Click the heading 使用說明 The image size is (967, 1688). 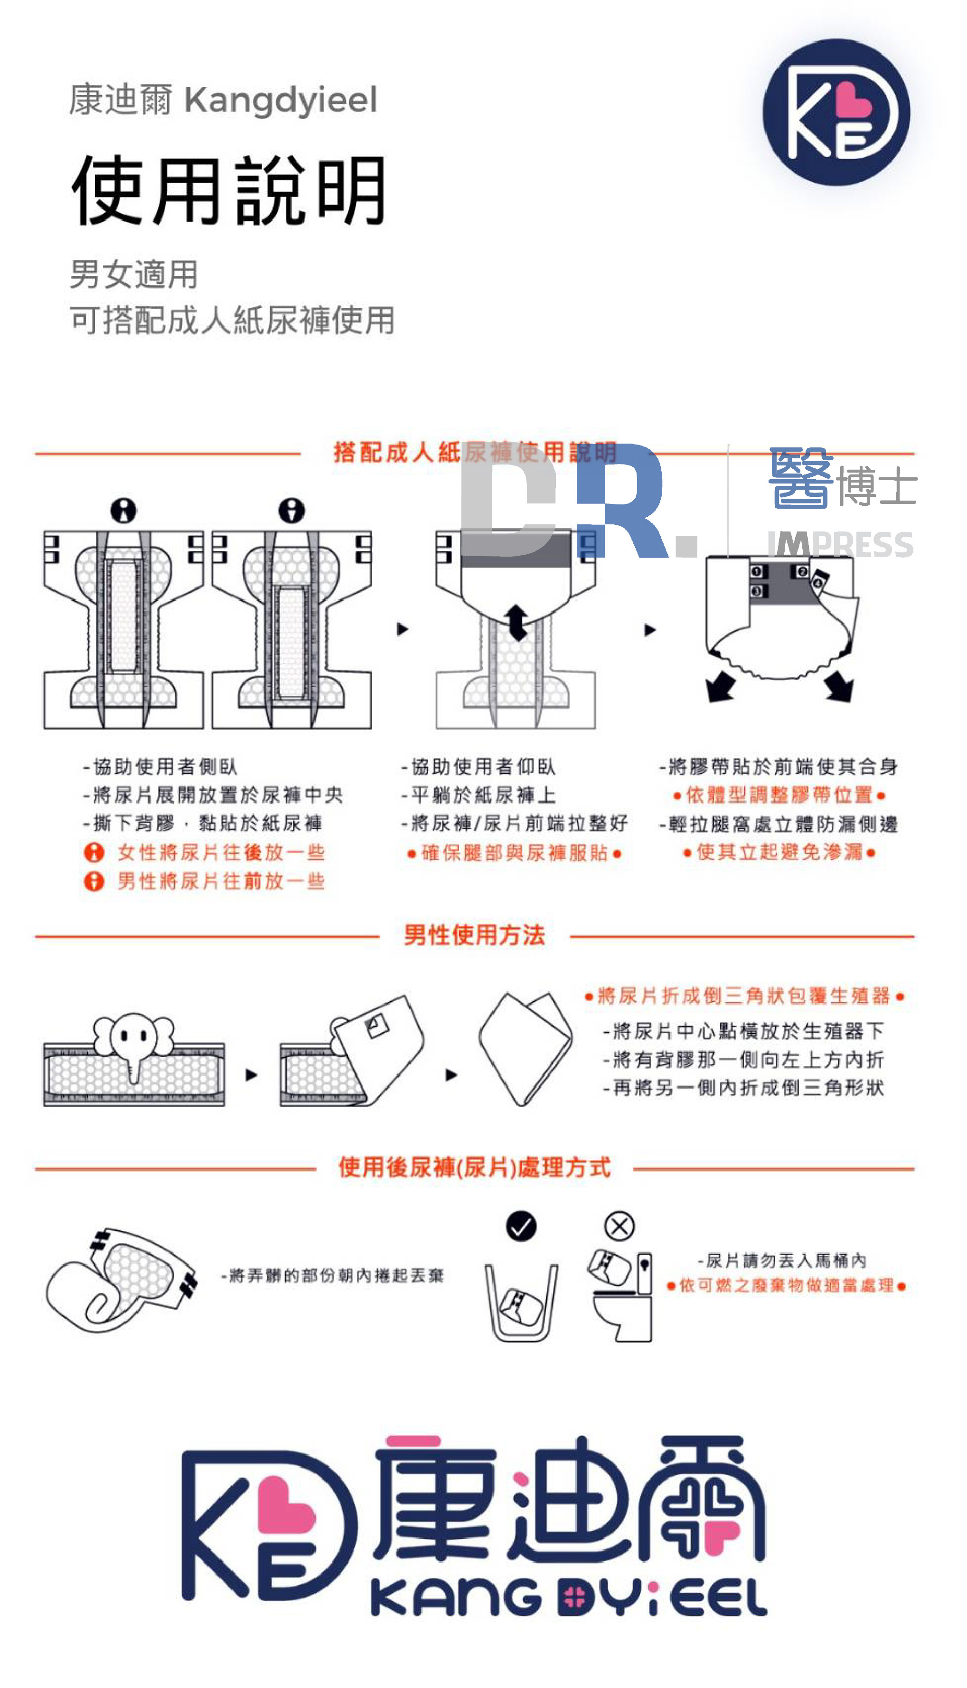pyautogui.click(x=229, y=190)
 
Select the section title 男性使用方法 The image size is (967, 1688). pyautogui.click(x=474, y=935)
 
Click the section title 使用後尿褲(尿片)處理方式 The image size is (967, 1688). pyautogui.click(x=474, y=1167)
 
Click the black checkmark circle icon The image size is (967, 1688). pyautogui.click(x=521, y=1226)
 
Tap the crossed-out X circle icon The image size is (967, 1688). pyautogui.click(x=619, y=1226)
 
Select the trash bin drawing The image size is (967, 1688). pyautogui.click(x=521, y=1302)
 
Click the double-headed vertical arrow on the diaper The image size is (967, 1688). pyautogui.click(x=516, y=623)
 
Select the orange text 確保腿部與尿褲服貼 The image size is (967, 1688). pyautogui.click(x=515, y=853)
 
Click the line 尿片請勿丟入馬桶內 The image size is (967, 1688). pyautogui.click(x=782, y=1260)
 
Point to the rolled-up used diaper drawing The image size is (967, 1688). pyautogui.click(x=120, y=1279)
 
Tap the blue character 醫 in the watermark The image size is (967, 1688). pyautogui.click(x=800, y=478)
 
